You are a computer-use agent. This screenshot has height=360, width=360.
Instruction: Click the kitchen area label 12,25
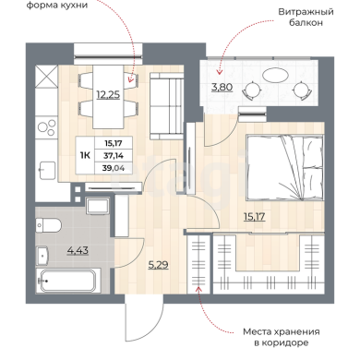108,94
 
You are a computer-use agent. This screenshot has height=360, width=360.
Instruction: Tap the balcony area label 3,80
222,87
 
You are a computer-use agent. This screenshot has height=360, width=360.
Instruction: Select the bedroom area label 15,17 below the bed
254,217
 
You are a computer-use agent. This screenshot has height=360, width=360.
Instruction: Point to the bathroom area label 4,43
78,250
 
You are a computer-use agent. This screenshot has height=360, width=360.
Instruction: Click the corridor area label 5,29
158,265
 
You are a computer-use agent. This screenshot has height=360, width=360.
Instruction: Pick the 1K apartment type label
85,156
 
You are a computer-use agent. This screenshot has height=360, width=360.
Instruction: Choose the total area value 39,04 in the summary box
114,168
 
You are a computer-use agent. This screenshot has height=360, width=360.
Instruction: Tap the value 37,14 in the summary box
114,156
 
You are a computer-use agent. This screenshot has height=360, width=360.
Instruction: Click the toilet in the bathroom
48,225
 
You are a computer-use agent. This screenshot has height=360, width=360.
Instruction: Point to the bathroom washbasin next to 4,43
42,256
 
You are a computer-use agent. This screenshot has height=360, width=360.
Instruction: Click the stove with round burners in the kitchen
47,128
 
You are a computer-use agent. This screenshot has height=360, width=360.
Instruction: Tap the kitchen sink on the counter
47,170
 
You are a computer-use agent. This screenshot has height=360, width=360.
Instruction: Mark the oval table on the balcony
276,75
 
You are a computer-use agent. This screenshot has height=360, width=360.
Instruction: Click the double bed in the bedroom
284,169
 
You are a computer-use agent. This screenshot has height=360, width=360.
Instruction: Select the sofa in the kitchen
166,106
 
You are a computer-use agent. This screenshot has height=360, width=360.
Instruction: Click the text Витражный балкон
306,18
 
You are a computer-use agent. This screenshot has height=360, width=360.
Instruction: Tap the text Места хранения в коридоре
282,337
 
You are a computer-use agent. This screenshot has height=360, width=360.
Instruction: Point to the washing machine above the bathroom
98,206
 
